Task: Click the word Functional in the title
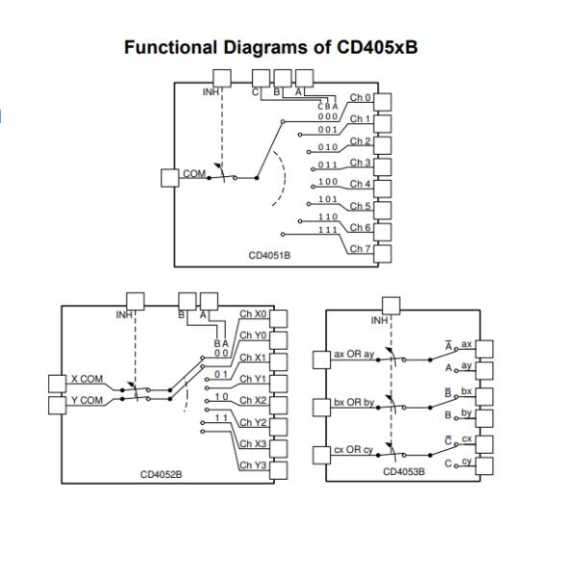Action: (x=170, y=47)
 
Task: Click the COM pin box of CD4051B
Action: (x=170, y=178)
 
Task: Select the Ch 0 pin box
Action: (x=383, y=102)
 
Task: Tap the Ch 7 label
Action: (x=360, y=249)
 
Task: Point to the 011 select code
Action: (x=328, y=164)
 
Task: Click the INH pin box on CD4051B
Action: (x=222, y=79)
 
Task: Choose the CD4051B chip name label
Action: (x=269, y=256)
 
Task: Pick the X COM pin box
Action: (x=58, y=384)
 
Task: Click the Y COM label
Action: (x=87, y=400)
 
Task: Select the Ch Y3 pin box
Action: (x=279, y=470)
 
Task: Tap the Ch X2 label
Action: (x=253, y=400)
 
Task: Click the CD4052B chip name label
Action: (x=162, y=475)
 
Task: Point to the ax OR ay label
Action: (x=354, y=354)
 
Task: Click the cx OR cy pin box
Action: (x=321, y=455)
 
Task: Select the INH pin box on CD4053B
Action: (x=391, y=306)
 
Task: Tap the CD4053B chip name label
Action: (x=404, y=472)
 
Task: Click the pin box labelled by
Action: (x=485, y=418)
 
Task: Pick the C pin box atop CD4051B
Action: (x=261, y=79)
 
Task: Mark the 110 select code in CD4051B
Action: (x=328, y=216)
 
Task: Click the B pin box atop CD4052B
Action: (x=188, y=302)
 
